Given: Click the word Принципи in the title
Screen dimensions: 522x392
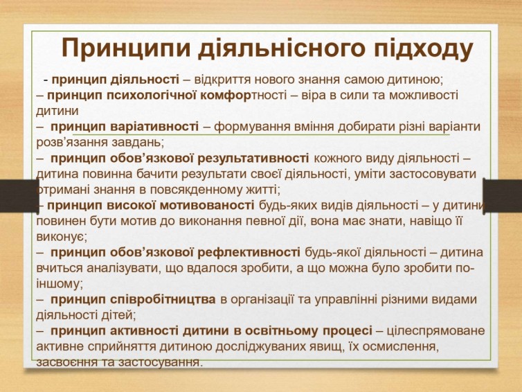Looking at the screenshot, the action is pos(126,48).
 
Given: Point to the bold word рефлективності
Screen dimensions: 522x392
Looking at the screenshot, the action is pos(249,253).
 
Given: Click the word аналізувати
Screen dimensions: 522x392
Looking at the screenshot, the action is pos(121,269).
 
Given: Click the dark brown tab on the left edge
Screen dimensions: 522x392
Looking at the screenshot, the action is pos(19,195).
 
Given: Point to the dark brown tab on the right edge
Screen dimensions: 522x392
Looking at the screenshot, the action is pos(503,195).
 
